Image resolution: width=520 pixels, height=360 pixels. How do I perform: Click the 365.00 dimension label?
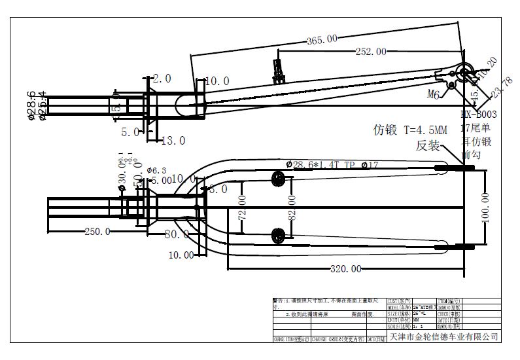322,39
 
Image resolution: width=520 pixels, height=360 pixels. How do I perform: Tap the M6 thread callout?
433,94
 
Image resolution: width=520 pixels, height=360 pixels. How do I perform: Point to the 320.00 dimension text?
345,268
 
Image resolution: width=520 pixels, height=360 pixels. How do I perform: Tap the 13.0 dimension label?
173,140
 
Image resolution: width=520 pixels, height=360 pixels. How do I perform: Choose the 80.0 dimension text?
177,233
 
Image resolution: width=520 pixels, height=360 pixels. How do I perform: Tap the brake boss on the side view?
280,69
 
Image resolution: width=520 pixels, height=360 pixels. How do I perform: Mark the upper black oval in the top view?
278,178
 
